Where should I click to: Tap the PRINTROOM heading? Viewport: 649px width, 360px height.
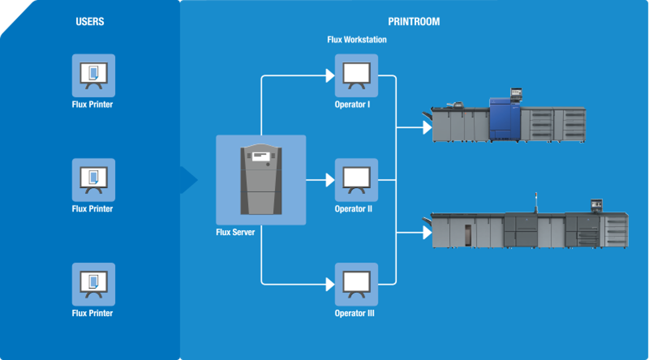[414, 22]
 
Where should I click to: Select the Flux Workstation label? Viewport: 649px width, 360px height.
[357, 40]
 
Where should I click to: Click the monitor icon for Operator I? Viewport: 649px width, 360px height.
[356, 76]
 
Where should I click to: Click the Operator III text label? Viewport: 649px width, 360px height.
[354, 313]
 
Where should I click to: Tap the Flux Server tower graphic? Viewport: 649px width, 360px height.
[261, 179]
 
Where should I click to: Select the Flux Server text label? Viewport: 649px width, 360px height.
[235, 233]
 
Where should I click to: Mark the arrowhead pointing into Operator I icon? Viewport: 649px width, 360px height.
[330, 76]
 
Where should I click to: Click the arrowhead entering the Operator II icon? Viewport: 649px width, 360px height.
[330, 180]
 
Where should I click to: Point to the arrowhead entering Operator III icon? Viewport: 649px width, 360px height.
[330, 284]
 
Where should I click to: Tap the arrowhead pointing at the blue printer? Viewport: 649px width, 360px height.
[427, 127]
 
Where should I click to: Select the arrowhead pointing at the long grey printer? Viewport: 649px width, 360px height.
[427, 232]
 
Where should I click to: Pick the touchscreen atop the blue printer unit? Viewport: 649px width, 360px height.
[516, 92]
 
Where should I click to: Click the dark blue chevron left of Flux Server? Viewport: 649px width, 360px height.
[189, 180]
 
